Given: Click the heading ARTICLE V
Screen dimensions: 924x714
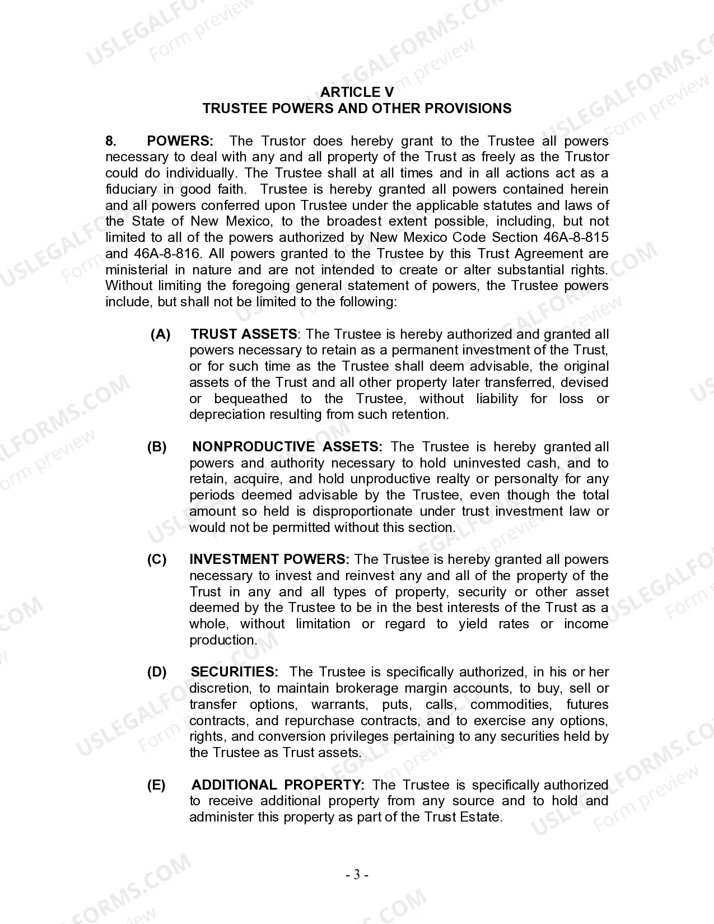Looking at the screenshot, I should [357, 92].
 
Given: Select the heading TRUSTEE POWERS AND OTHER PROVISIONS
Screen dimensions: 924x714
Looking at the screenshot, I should [357, 109].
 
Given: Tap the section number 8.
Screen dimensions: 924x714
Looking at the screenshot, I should [111, 141].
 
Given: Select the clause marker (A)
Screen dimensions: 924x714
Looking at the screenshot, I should [161, 334].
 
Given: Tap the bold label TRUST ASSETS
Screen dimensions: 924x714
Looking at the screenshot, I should [244, 334].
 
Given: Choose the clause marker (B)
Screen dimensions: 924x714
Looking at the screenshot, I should [157, 447].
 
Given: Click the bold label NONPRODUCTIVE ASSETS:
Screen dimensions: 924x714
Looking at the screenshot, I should [287, 447].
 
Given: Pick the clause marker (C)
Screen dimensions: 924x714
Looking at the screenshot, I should [157, 559].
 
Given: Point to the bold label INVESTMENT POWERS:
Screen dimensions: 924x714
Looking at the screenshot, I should [269, 559].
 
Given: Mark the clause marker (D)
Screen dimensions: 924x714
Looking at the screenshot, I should [157, 672].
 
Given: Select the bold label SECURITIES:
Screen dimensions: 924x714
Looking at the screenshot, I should [235, 672].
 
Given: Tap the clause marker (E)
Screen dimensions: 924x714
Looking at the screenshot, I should [157, 785].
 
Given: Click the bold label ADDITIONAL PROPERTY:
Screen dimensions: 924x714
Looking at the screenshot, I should [278, 785].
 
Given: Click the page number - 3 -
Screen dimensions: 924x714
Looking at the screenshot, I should [357, 875].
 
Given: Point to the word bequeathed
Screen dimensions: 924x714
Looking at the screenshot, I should [250, 399].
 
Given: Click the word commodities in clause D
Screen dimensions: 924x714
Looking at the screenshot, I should [511, 704].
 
